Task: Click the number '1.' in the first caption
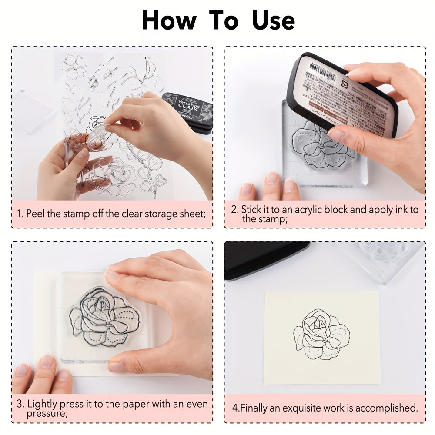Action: click(20, 214)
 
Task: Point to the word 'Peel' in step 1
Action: click(35, 214)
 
